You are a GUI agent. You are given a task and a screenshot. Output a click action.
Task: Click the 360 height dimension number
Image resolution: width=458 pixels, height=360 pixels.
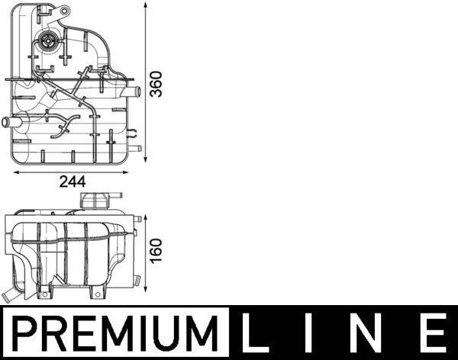[156, 82]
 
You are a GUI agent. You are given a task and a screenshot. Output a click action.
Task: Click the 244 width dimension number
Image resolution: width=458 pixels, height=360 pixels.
[73, 182]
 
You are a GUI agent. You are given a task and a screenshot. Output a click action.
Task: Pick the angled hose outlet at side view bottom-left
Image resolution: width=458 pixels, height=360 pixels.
[11, 293]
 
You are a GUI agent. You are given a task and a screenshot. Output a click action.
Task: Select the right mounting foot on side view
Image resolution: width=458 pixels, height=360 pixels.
[95, 293]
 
